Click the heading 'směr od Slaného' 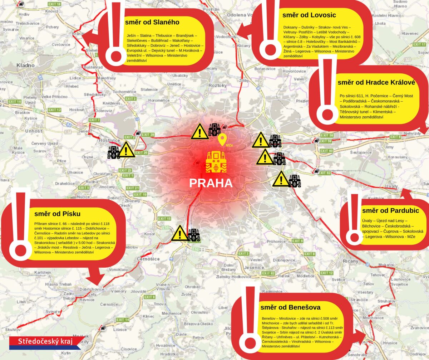[152, 23]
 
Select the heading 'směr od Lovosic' [309, 15]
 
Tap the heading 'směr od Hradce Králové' [376, 82]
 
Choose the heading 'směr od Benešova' [290, 307]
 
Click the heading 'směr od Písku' [58, 214]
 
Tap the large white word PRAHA [211, 183]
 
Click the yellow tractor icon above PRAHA [216, 162]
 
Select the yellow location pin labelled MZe [222, 139]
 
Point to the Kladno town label [25, 65]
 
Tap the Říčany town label [350, 261]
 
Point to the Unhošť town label [33, 131]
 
